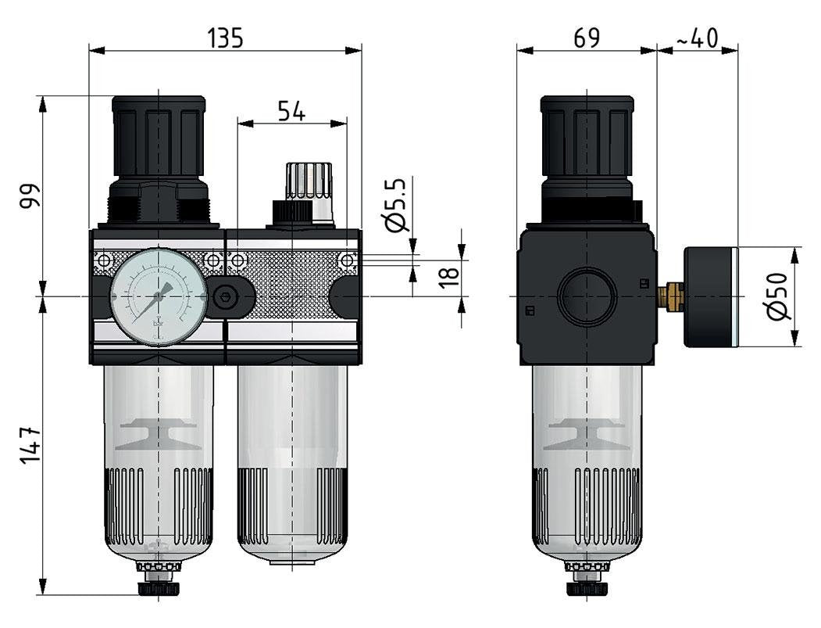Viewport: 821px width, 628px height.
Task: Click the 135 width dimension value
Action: click(226, 38)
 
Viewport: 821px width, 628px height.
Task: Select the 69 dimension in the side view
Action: click(586, 38)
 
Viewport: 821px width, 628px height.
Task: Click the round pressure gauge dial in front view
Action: click(159, 296)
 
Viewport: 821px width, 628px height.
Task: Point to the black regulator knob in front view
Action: click(159, 137)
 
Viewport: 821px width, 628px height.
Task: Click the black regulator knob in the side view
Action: click(587, 137)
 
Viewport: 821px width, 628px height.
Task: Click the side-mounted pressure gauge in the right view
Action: click(711, 296)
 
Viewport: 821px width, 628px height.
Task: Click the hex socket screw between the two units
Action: click(227, 296)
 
